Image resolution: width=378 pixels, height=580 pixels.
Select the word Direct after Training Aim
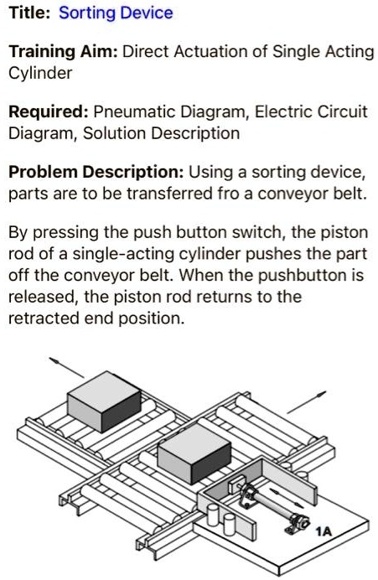point(145,52)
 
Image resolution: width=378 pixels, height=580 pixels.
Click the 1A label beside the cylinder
point(324,531)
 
